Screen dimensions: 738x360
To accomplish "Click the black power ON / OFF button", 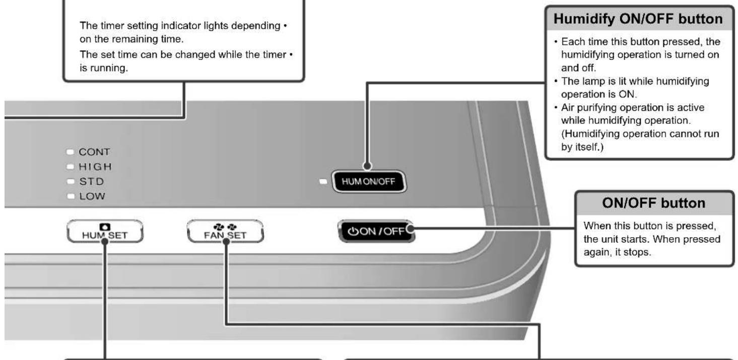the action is tap(376, 231).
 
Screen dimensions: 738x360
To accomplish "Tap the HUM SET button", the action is tap(105, 231).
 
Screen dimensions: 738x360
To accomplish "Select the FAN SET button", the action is tap(225, 231).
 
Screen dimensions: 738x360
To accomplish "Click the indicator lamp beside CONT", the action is tap(70, 152).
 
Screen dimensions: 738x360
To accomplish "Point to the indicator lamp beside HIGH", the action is tap(70, 167).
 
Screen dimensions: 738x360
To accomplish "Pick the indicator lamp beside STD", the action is tap(70, 181).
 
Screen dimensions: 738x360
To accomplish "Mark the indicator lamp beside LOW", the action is tap(71, 196).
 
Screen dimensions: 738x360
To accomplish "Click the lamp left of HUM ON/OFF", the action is tap(323, 181).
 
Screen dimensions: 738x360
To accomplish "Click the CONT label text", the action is tap(94, 152).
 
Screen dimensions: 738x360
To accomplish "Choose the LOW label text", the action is tap(92, 196).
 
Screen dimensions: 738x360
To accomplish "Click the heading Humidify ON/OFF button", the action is tap(638, 19).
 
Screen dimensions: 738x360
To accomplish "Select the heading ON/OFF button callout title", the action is tap(654, 203).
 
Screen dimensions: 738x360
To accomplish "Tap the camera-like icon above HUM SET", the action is tap(105, 227).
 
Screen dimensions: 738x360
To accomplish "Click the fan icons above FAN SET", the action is tap(225, 227).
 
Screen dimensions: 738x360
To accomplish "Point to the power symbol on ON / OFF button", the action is tap(353, 232).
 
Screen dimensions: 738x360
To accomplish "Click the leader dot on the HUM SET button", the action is tap(105, 242).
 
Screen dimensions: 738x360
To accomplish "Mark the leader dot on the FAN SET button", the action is tap(226, 242).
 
